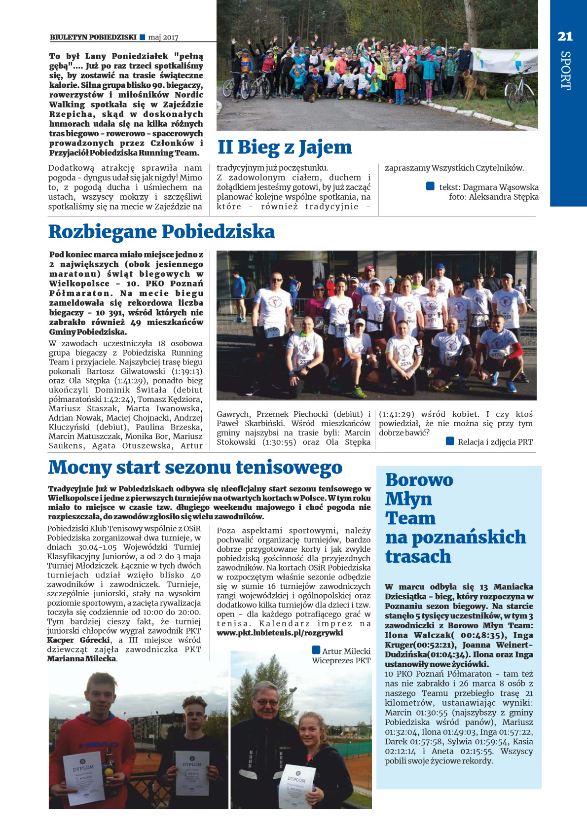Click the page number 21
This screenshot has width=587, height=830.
[565, 36]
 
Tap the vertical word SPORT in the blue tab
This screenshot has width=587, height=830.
[565, 70]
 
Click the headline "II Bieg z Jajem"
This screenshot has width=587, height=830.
[285, 147]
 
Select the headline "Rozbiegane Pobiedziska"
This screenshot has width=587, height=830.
[161, 232]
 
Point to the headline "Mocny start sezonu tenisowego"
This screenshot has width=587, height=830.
[195, 467]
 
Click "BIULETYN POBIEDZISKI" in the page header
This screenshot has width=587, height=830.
[93, 37]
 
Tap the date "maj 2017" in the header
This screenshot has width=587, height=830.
[163, 37]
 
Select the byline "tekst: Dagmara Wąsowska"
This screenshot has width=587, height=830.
[488, 187]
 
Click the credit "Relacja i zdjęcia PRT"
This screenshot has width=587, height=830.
[495, 442]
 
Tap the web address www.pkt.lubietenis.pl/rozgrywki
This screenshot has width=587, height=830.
[280, 633]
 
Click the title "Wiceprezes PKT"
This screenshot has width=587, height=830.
[341, 660]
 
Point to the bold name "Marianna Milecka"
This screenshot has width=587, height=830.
[82, 658]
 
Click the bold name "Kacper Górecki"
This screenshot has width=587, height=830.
[78, 640]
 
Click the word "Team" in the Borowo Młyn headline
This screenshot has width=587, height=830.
[410, 518]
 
